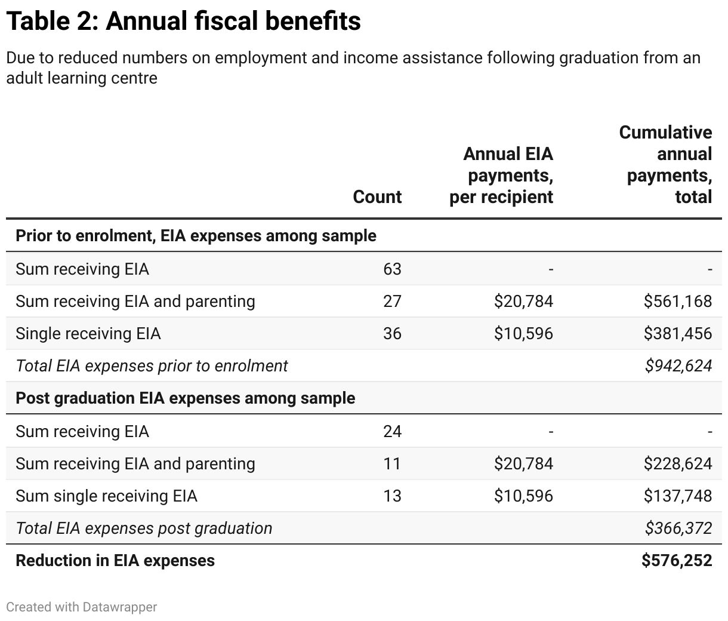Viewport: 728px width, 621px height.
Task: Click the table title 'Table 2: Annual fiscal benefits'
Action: pyautogui.click(x=183, y=21)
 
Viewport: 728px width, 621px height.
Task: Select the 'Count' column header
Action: pyautogui.click(x=377, y=197)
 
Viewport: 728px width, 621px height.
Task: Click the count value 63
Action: pyautogui.click(x=392, y=269)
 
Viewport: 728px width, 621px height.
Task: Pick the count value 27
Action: pyautogui.click(x=392, y=302)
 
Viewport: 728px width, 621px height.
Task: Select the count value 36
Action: pyautogui.click(x=392, y=334)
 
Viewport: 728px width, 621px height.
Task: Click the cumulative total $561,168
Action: pyautogui.click(x=677, y=302)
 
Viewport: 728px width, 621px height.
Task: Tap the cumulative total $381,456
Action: pyautogui.click(x=677, y=334)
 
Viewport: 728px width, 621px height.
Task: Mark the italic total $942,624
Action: pyautogui.click(x=678, y=366)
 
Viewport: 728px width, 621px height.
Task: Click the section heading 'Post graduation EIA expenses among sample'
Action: pyautogui.click(x=185, y=398)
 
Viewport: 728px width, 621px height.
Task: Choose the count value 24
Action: pyautogui.click(x=392, y=432)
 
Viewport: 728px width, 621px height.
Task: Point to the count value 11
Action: pyautogui.click(x=392, y=464)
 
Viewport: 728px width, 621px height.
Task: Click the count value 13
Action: pyautogui.click(x=392, y=496)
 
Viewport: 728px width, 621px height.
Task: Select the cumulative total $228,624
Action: pyautogui.click(x=677, y=464)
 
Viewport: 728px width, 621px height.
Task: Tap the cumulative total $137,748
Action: pyautogui.click(x=677, y=496)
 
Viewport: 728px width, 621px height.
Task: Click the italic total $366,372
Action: pyautogui.click(x=678, y=528)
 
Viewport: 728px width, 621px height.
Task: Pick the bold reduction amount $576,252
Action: pyautogui.click(x=677, y=561)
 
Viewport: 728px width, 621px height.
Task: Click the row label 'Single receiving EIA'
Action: pyautogui.click(x=88, y=334)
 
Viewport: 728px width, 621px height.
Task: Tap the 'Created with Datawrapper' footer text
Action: pyautogui.click(x=82, y=607)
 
